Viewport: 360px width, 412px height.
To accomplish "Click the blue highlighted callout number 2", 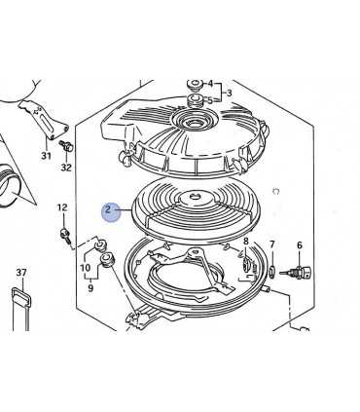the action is [x=108, y=209].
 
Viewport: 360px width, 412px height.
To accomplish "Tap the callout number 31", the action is [x=46, y=156].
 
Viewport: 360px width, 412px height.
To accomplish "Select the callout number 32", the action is [x=66, y=168].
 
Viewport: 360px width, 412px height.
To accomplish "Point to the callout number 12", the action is [x=62, y=207].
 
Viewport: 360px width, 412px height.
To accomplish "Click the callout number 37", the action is [x=21, y=273].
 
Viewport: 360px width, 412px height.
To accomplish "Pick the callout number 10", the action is [x=86, y=268].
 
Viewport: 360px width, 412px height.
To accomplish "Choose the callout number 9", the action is [x=90, y=287].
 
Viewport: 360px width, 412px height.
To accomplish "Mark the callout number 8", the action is [x=245, y=241].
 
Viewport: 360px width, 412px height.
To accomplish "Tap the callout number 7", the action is [x=271, y=243].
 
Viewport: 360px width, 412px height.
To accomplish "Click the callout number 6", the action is [x=299, y=245].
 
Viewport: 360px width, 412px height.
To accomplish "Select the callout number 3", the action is [x=230, y=94].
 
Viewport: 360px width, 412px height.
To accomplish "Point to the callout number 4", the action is [x=210, y=84].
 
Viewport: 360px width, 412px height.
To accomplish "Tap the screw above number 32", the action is [x=66, y=145].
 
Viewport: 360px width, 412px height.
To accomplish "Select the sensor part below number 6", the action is [x=296, y=272].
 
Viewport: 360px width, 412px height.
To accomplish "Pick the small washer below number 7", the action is [x=272, y=270].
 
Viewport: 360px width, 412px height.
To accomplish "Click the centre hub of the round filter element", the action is [x=196, y=197].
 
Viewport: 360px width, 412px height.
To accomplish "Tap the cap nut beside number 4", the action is [x=196, y=85].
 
